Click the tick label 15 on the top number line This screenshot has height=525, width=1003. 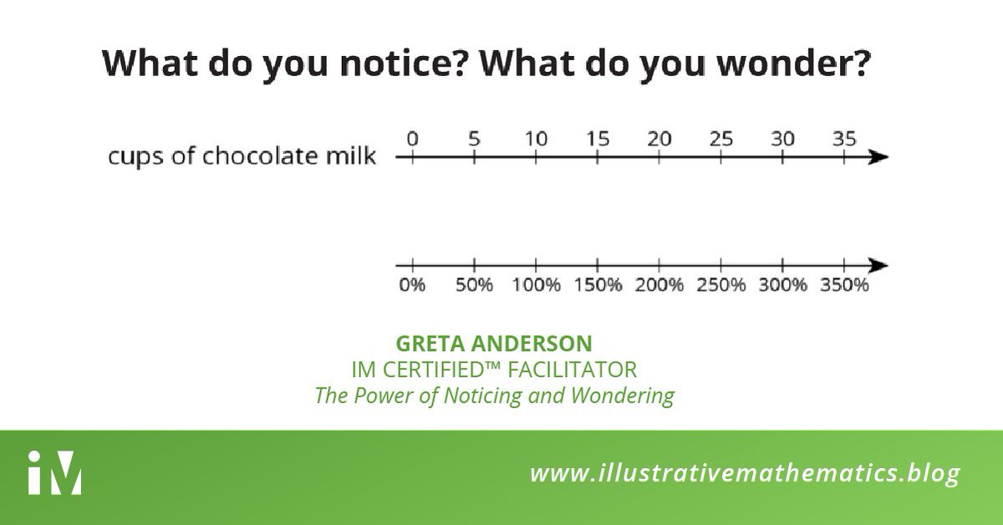tap(597, 139)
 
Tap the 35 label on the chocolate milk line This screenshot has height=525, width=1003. tap(844, 139)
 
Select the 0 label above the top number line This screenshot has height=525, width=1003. tap(411, 139)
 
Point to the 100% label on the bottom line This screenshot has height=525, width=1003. tap(536, 285)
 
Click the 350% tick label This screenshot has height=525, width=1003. tap(845, 285)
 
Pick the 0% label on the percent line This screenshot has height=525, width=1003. tap(411, 285)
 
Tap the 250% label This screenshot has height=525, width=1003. tap(720, 285)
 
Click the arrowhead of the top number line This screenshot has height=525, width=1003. tap(877, 157)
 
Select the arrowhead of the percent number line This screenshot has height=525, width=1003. tap(877, 266)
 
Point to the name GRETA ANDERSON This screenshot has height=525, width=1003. tap(494, 344)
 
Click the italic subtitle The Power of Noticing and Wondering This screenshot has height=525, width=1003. tap(494, 395)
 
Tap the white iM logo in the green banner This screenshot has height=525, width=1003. tap(53, 473)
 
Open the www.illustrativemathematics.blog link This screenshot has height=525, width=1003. tap(745, 474)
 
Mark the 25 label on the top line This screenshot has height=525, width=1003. tap(720, 139)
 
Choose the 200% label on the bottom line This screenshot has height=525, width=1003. tap(659, 285)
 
